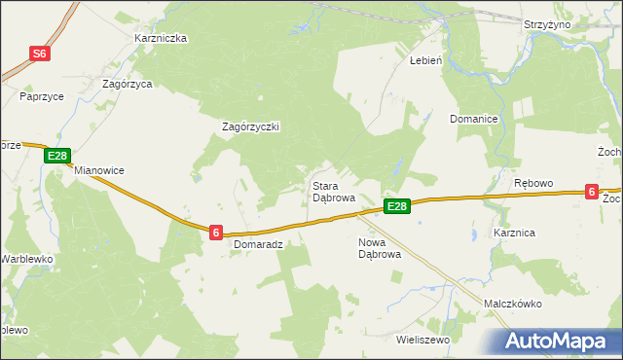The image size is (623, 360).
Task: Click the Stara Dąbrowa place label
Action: click(332, 191)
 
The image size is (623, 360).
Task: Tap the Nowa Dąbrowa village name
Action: click(380, 248)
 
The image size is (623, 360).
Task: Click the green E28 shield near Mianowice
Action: click(57, 156)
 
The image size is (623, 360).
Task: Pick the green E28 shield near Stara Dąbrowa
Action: click(396, 206)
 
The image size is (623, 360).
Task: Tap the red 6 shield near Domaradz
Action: click(216, 232)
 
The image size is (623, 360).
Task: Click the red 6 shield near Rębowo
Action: click(592, 193)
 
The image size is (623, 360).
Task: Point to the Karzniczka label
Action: click(161, 39)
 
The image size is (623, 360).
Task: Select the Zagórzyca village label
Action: click(128, 85)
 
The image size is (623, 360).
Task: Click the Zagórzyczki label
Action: click(251, 127)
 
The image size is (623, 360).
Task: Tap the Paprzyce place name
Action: click(41, 97)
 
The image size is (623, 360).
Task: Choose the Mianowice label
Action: click(99, 170)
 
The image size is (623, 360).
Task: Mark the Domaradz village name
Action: click(258, 245)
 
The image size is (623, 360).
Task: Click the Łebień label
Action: click(425, 59)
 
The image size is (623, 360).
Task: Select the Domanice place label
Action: click(474, 119)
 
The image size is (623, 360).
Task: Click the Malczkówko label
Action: click(512, 304)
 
